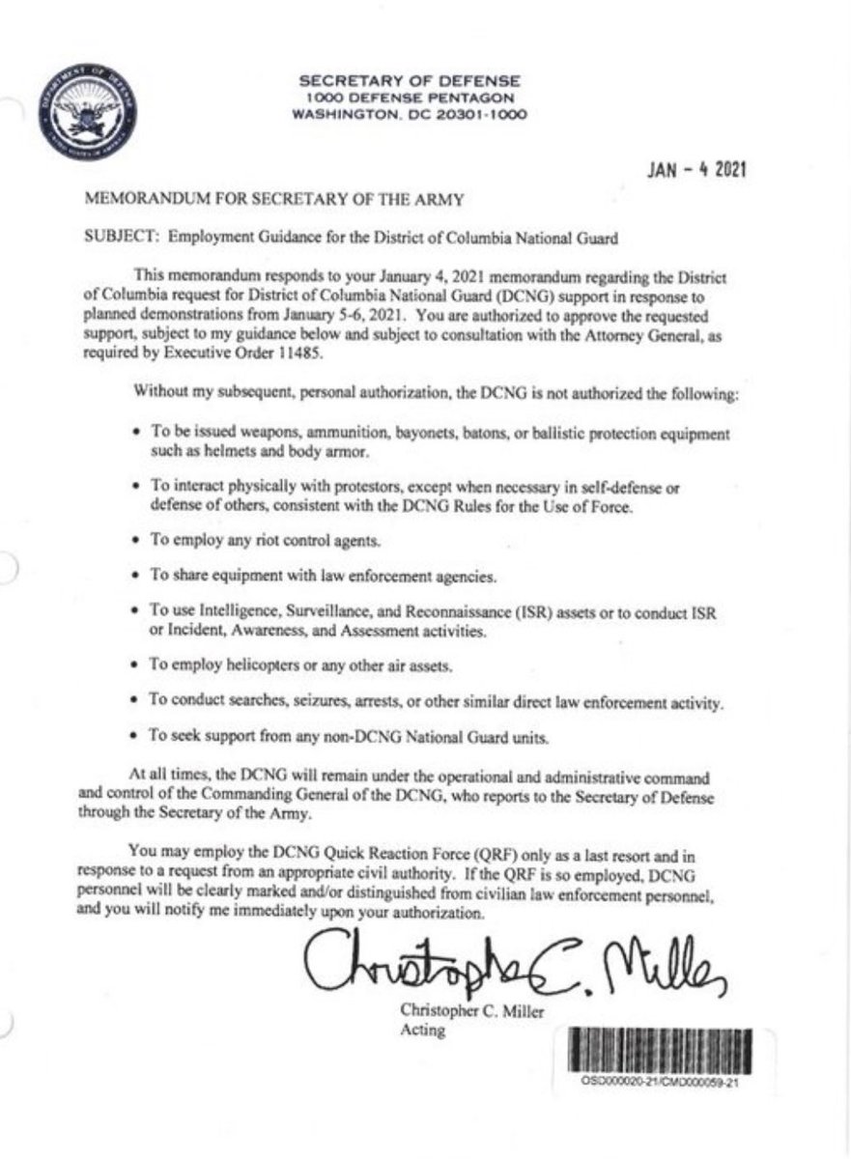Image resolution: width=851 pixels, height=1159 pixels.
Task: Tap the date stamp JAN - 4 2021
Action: [x=696, y=171]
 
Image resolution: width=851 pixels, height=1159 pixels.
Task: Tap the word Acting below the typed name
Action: [x=422, y=1031]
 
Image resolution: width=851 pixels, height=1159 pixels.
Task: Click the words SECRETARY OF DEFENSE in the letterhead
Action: [x=410, y=80]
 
